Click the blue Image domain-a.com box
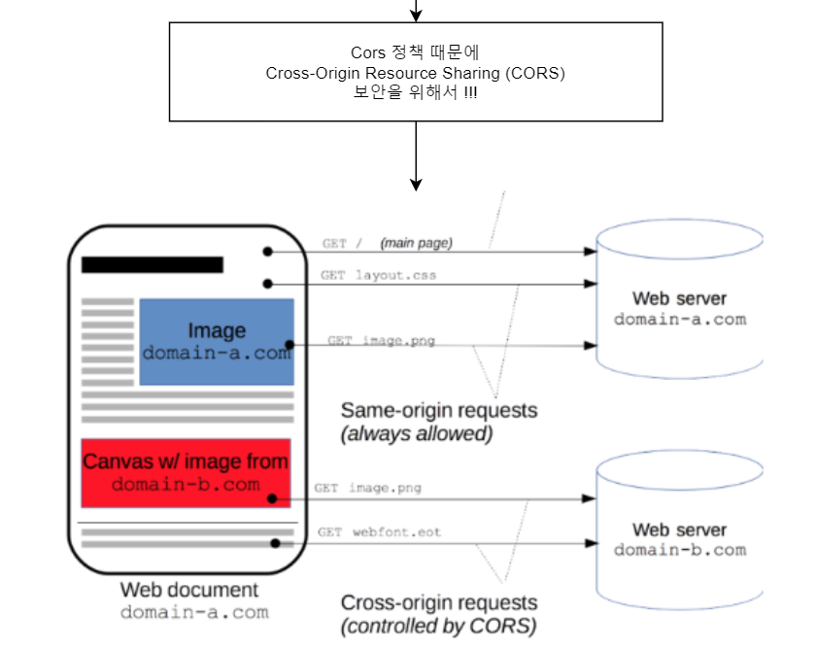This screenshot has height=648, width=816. (216, 341)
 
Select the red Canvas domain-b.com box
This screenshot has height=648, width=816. (186, 472)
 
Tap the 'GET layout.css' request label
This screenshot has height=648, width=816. (379, 275)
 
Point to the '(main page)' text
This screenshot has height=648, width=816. (416, 243)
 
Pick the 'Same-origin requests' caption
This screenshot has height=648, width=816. (438, 410)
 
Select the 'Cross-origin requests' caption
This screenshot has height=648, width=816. (438, 602)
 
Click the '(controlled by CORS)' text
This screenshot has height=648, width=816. (438, 627)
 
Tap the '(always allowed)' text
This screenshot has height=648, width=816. (417, 434)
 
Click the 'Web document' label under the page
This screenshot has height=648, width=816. (189, 590)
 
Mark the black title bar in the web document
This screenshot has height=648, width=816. (153, 264)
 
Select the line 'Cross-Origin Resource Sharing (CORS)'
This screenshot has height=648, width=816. (416, 73)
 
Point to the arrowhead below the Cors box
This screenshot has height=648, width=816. (416, 184)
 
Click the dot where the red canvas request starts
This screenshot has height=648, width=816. (274, 498)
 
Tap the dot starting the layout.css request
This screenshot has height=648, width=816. (266, 284)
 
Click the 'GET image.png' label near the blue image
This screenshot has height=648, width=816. (381, 341)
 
